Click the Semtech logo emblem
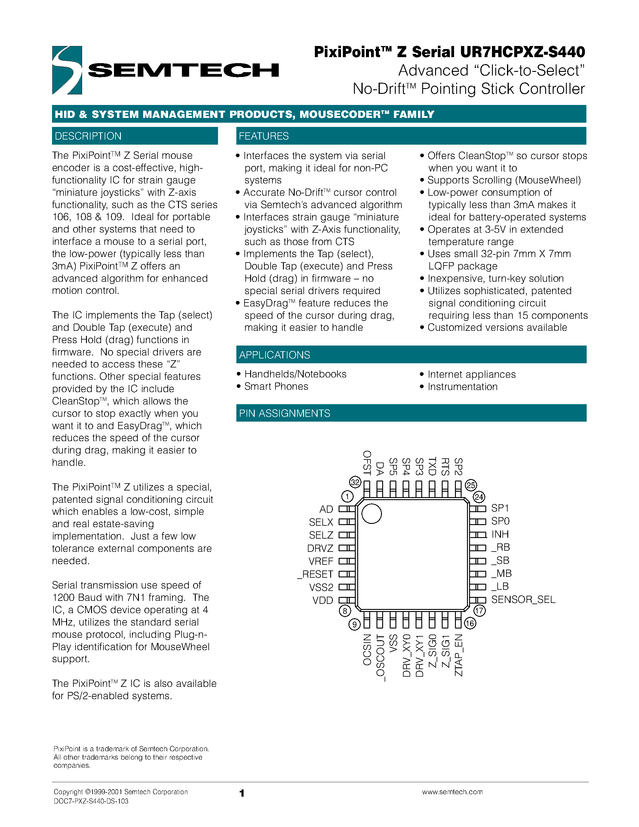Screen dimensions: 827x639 tap(67, 70)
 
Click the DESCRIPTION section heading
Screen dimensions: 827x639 tap(88, 136)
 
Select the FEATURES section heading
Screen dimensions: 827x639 tap(263, 136)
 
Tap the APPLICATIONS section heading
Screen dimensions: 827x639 tap(275, 355)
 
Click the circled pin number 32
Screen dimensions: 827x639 tap(355, 482)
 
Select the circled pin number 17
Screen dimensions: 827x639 tap(479, 610)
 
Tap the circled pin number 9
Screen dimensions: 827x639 tap(354, 624)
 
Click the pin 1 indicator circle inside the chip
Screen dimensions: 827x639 tap(371, 514)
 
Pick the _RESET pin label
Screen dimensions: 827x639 tap(315, 574)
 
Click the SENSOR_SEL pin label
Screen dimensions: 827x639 tap(523, 599)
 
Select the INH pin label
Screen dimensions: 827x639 tap(500, 534)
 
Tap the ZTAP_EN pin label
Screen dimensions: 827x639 tap(459, 655)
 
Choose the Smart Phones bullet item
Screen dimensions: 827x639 tap(276, 386)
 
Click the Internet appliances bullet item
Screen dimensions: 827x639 tap(471, 374)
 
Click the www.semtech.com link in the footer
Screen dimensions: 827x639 tap(452, 792)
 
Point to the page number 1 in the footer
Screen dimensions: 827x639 tap(242, 793)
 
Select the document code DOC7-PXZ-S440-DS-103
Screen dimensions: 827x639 tap(91, 801)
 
